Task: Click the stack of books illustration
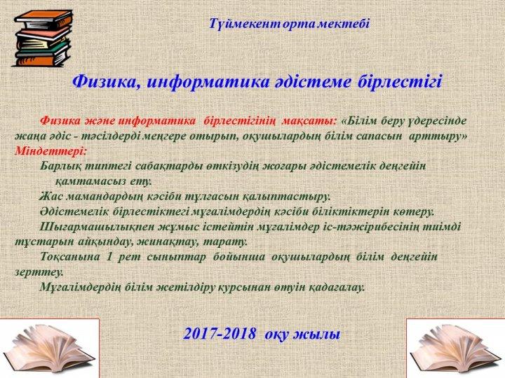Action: click(43, 38)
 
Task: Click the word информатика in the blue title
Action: click(208, 82)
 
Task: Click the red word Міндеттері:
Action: click(50, 151)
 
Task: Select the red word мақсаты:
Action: click(309, 121)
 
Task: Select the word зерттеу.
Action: click(39, 272)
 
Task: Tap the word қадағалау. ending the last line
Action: click(337, 287)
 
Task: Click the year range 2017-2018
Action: click(220, 334)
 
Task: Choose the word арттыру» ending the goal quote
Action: click(438, 136)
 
